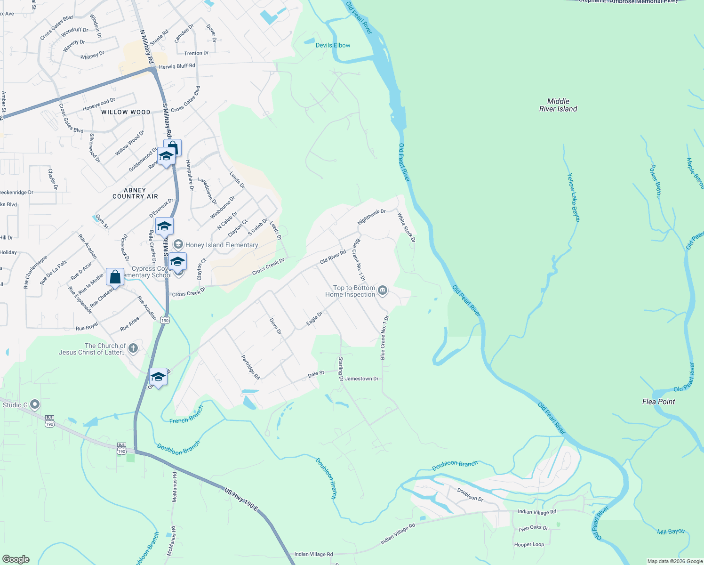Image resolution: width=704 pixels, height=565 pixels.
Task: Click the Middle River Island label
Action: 558,105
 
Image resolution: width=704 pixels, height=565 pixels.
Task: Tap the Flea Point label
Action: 658,402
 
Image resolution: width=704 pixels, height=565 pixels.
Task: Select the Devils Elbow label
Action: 333,45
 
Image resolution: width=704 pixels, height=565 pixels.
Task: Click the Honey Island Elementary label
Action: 221,245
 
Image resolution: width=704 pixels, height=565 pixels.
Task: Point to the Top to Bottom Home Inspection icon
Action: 383,291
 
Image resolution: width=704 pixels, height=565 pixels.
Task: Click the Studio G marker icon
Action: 35,404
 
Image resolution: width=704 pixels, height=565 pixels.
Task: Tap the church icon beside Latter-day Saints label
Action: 133,348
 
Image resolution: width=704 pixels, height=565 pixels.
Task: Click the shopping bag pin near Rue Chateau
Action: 115,277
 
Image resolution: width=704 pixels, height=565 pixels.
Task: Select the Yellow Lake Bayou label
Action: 573,197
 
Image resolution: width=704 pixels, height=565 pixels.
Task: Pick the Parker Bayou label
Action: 656,181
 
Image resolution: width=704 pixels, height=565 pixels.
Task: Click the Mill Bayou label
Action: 671,532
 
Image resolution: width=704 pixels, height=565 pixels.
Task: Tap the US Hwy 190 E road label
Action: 241,500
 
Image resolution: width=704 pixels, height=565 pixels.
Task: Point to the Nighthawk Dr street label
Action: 371,217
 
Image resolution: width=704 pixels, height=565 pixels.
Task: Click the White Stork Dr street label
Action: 406,227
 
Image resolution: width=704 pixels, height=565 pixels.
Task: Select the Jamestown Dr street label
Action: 361,379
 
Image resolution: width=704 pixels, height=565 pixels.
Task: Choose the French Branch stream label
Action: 186,415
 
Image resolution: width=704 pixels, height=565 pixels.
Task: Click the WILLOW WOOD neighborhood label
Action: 126,112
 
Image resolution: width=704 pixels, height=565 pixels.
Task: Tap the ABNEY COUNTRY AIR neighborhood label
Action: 135,194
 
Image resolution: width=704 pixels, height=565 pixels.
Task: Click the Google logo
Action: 16,559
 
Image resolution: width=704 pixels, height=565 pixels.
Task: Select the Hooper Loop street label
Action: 529,544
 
